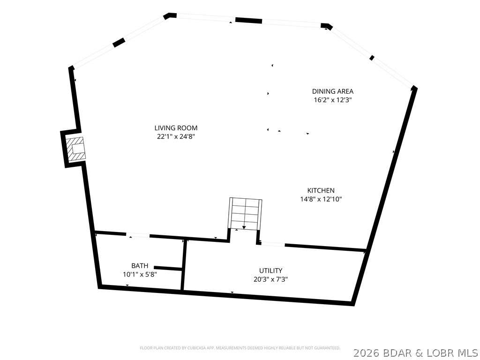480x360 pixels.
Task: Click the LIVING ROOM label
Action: click(176, 128)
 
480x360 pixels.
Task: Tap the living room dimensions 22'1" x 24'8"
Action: click(176, 136)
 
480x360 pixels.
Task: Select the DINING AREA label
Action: click(333, 91)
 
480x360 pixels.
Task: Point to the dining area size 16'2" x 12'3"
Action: click(333, 100)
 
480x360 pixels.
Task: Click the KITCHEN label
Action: click(321, 190)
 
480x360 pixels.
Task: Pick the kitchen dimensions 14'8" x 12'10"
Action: click(321, 199)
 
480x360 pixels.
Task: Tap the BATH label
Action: click(140, 266)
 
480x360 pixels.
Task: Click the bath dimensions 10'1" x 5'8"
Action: click(140, 275)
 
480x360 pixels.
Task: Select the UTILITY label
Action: click(270, 270)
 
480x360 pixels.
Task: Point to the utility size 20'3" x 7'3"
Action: click(270, 279)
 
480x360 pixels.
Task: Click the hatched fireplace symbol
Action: click(75, 149)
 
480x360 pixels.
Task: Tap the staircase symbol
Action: click(246, 214)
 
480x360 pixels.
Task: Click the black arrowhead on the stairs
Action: click(244, 227)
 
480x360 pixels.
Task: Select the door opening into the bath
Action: click(138, 235)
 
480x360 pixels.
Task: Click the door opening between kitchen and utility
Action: click(272, 244)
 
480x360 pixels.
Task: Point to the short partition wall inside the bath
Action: click(168, 268)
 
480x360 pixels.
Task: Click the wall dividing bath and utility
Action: click(183, 265)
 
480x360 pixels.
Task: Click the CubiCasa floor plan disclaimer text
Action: click(240, 348)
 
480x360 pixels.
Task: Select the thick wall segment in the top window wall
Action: click(248, 21)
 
